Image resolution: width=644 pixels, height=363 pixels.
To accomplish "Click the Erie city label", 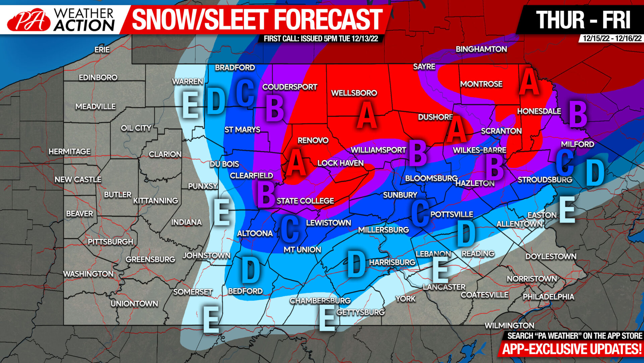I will tap(102, 50).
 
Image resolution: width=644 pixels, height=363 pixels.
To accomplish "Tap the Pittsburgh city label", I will tap(110, 242).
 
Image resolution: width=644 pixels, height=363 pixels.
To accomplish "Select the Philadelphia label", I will tap(548, 297).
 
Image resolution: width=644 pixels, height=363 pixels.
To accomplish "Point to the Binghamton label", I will tap(481, 49).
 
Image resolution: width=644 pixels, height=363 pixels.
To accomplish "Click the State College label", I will tap(305, 201).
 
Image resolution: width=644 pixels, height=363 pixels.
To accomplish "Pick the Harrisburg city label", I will tap(392, 262).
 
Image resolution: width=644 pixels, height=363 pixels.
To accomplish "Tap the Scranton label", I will tap(501, 131).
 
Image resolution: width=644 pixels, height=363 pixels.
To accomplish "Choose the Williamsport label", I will tap(378, 150).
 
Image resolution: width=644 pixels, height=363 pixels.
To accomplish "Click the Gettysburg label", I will tap(361, 312).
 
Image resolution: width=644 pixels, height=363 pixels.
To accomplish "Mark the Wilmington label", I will tap(509, 325).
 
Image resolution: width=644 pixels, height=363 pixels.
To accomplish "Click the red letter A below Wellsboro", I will tap(367, 115).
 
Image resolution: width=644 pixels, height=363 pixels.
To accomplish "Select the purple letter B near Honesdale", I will tap(578, 114).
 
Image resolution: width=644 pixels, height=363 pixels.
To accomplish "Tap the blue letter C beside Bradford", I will tap(245, 93).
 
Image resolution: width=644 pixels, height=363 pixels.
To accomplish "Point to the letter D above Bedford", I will tap(251, 269).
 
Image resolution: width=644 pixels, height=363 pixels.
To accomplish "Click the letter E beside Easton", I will tap(567, 210).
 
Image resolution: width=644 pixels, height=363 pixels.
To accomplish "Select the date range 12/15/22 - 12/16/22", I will tap(612, 38).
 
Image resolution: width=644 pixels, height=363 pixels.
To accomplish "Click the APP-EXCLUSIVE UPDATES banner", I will tap(572, 349).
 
